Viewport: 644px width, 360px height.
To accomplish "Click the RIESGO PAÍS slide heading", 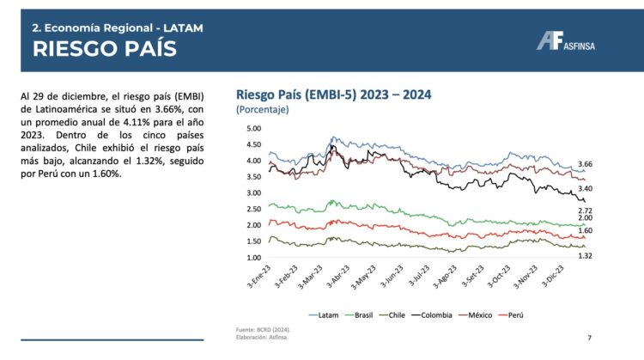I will point(104,49).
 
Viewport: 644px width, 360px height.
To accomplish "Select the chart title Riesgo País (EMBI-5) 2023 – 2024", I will point(333,95).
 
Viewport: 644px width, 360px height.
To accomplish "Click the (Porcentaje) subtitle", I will point(262,110).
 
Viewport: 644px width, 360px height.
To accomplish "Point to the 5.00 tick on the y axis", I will point(252,128).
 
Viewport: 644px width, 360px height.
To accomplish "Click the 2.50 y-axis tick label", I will point(252,209).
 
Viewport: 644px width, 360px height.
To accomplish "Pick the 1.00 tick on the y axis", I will point(252,258).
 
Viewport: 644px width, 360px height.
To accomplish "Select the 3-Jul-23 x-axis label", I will point(422,278).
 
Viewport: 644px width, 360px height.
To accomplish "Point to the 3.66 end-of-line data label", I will point(585,164).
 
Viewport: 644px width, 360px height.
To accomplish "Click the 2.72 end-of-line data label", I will point(585,211).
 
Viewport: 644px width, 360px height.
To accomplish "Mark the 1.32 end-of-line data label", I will point(585,256).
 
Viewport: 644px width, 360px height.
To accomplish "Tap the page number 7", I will point(589,339).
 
